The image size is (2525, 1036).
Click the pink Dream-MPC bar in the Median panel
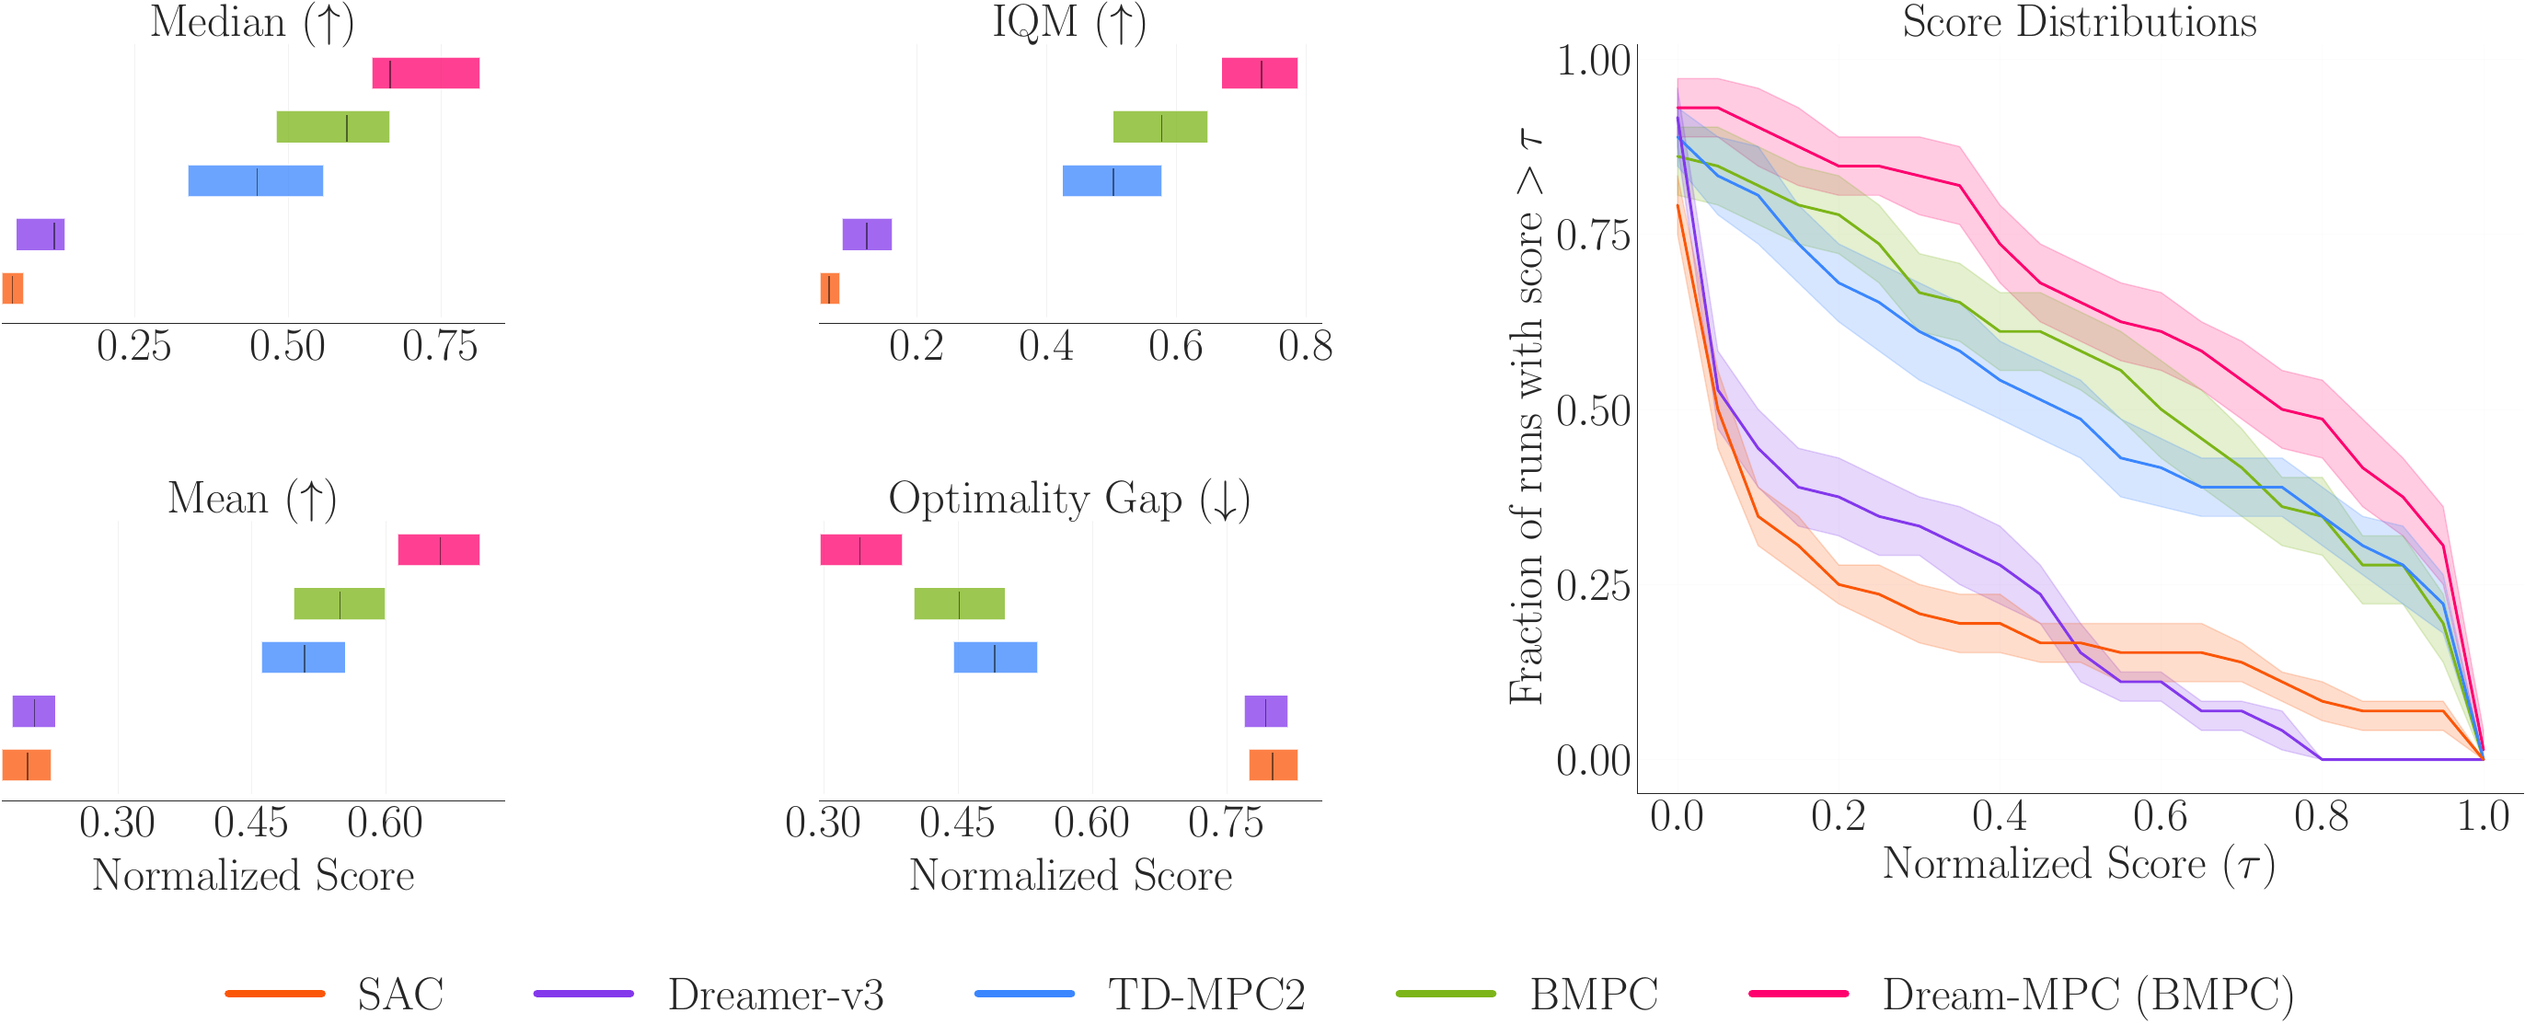tap(425, 74)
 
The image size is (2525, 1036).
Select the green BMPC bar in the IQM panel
tap(1159, 127)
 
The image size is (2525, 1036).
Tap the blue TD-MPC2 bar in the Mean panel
tap(303, 658)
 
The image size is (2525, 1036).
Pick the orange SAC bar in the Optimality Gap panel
tap(1273, 765)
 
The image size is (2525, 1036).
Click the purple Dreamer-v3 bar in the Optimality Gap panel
tap(1265, 711)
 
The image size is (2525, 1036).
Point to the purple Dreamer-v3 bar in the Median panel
tap(40, 236)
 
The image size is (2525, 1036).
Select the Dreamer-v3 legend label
tap(776, 995)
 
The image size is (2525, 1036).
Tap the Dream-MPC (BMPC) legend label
tap(2088, 995)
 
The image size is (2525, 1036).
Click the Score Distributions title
tap(2079, 21)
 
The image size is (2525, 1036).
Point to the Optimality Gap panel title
tap(1069, 499)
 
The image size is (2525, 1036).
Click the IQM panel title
tap(1069, 21)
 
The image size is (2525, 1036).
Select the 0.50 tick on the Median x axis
tap(287, 346)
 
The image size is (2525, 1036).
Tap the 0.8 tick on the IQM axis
tap(1305, 346)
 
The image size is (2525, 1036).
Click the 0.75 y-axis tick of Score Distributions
tap(1593, 236)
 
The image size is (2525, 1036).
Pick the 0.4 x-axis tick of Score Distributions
tap(1999, 816)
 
